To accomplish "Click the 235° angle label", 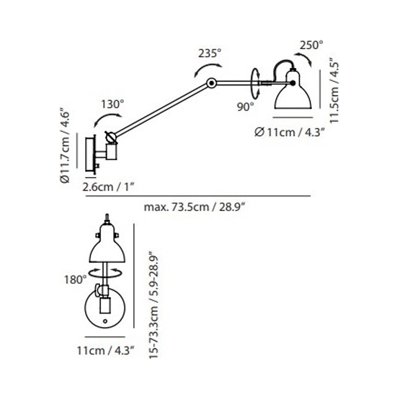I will tap(210, 53).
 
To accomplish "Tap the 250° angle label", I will tap(311, 45).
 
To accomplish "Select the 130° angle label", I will tap(112, 105).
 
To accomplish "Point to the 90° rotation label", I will tap(245, 107).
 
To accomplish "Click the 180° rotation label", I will tap(73, 280).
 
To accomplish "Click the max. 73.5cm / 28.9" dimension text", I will tap(194, 207).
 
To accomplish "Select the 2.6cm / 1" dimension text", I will tap(108, 187).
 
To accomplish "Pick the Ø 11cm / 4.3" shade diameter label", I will tap(289, 133).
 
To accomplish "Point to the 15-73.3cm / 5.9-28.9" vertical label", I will tap(154, 305).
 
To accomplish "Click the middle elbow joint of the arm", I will tap(212, 82).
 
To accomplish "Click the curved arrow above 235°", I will tap(208, 68).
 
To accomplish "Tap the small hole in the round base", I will tap(105, 321).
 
